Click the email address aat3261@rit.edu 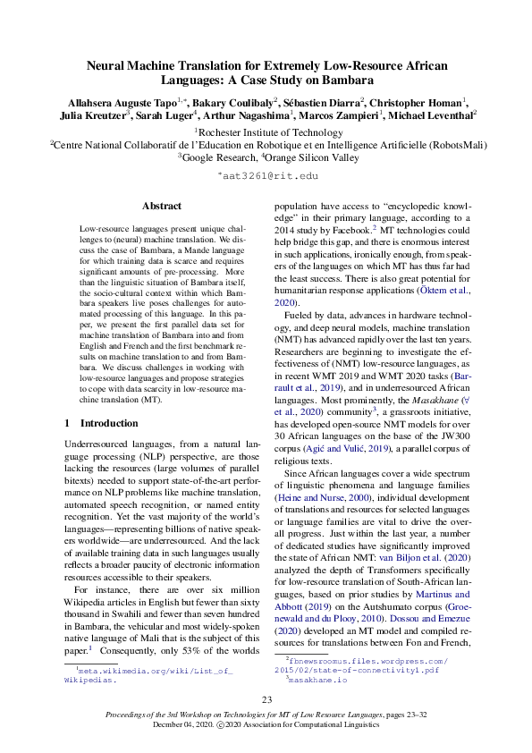click(267, 178)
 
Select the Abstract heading click(162, 206)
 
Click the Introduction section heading click(108, 422)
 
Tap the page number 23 click(266, 699)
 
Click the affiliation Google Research click(220, 156)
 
